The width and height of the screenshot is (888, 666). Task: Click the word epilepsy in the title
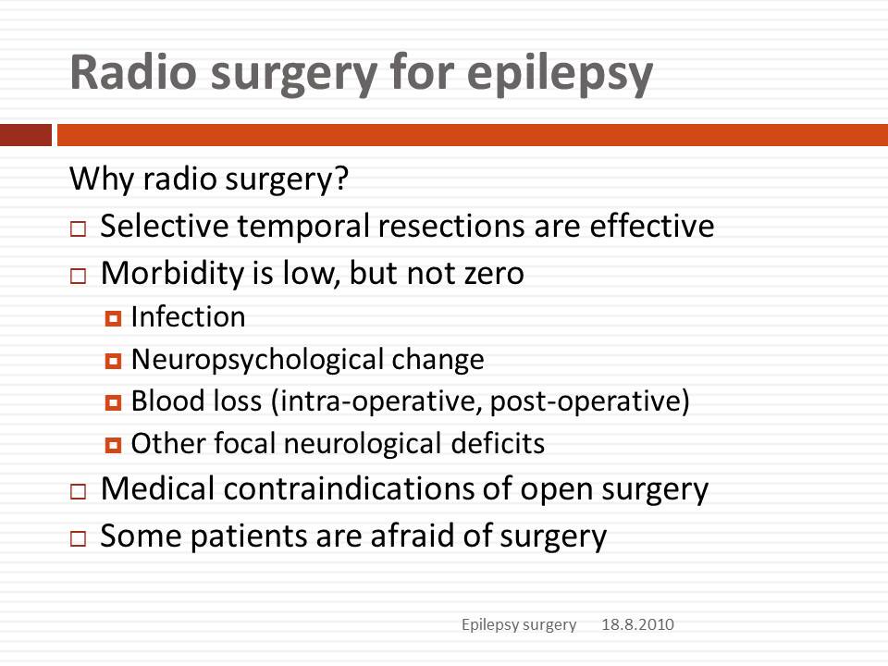click(x=561, y=74)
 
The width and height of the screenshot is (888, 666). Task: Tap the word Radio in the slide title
click(x=133, y=71)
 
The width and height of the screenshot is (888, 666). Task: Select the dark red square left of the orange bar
click(x=26, y=135)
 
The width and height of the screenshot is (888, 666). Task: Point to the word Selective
click(x=165, y=226)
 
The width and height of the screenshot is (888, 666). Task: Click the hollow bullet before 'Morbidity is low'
click(x=78, y=277)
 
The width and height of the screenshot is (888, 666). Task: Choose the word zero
click(x=494, y=274)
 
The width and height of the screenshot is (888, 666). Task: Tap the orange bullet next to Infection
click(x=113, y=319)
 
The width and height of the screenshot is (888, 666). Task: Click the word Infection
click(x=189, y=316)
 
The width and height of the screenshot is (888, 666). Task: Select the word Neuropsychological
click(x=258, y=360)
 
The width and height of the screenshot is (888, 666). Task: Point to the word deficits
click(x=498, y=443)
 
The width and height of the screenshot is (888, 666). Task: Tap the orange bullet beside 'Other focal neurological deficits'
click(x=113, y=446)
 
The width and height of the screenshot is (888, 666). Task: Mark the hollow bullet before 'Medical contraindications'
click(x=78, y=491)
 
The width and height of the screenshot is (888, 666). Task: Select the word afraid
click(x=412, y=536)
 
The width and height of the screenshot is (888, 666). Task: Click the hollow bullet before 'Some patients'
click(x=78, y=538)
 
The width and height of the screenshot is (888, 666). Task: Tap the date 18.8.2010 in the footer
click(x=637, y=624)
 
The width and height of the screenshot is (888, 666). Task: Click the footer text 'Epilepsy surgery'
click(x=519, y=625)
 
